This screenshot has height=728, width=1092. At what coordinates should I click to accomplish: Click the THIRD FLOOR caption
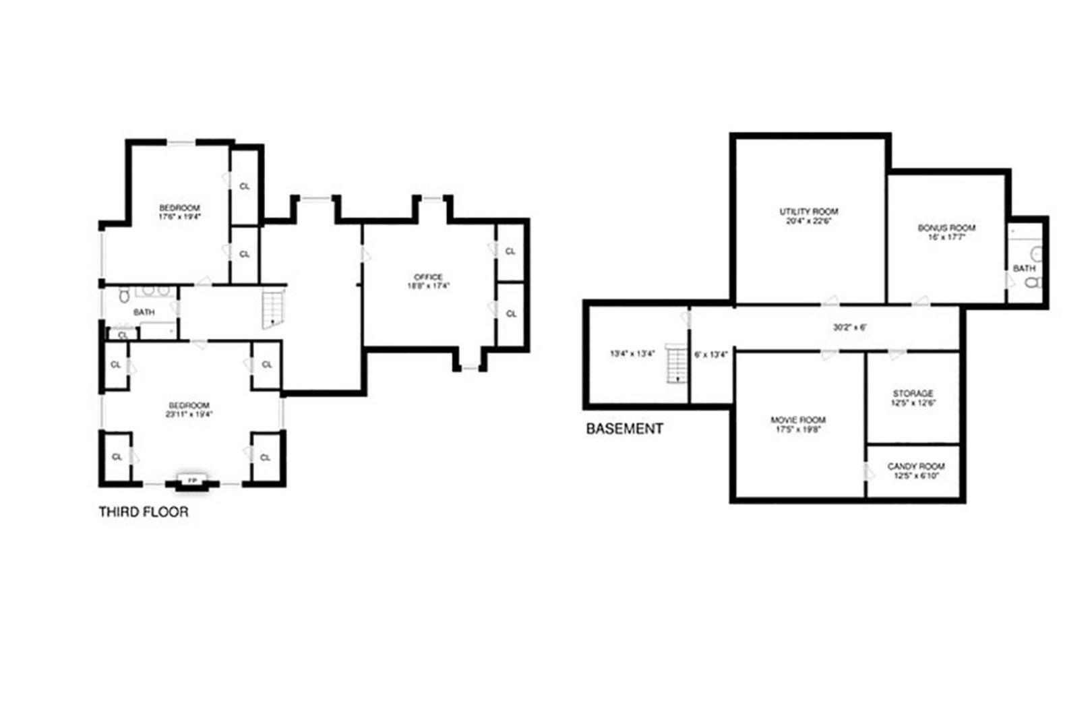click(x=144, y=512)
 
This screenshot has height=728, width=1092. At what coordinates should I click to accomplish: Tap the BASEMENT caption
click(x=624, y=429)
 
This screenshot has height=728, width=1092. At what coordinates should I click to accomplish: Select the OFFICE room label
click(x=428, y=277)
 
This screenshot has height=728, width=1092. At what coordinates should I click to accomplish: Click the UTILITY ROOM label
click(x=808, y=212)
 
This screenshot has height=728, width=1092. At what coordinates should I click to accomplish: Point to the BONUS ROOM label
click(x=946, y=228)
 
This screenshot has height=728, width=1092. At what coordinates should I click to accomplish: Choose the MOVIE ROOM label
click(x=798, y=420)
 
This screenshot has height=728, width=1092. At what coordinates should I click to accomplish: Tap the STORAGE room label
click(x=913, y=394)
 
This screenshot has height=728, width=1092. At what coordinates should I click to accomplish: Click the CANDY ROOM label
click(x=915, y=466)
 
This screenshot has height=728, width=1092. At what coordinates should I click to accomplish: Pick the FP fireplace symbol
click(x=193, y=481)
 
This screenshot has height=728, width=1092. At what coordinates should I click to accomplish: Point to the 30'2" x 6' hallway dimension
click(x=849, y=328)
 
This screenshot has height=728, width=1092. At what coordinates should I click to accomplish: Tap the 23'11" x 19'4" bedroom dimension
click(x=190, y=415)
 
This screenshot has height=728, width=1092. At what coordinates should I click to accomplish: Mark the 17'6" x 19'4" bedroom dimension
click(x=179, y=217)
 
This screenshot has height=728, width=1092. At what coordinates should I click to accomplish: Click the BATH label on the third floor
click(x=144, y=312)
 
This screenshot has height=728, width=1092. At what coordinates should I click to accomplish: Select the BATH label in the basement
click(x=1024, y=268)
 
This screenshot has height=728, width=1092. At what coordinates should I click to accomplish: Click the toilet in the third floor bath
click(x=123, y=295)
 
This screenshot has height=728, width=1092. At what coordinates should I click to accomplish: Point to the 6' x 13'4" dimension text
click(x=710, y=355)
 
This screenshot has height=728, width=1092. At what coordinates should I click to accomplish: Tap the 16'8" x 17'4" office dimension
click(x=428, y=286)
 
